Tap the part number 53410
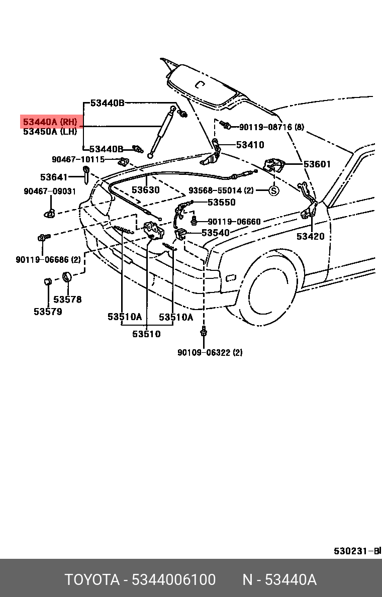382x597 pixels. pyautogui.click(x=250, y=145)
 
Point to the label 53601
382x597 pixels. pyautogui.click(x=317, y=164)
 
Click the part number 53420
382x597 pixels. pyautogui.click(x=310, y=236)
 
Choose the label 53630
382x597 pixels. pyautogui.click(x=146, y=190)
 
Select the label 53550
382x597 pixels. pyautogui.click(x=221, y=202)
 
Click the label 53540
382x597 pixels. pyautogui.click(x=215, y=233)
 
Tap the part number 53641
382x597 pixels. pyautogui.click(x=54, y=177)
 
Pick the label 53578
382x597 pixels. pyautogui.click(x=67, y=300)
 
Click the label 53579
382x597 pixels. pyautogui.click(x=48, y=312)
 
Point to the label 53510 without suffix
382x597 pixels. pyautogui.click(x=146, y=334)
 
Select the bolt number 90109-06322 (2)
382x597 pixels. pyautogui.click(x=210, y=353)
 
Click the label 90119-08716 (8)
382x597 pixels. pyautogui.click(x=271, y=127)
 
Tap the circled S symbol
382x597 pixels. pyautogui.click(x=273, y=191)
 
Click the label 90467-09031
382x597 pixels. pyautogui.click(x=50, y=191)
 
